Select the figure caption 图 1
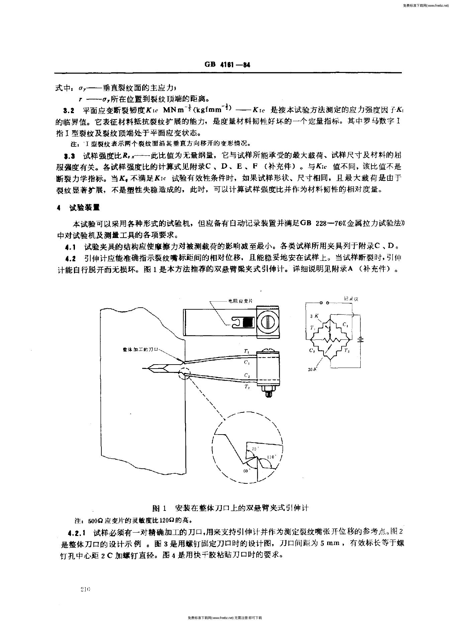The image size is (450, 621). point(159,508)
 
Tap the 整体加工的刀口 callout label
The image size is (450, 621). point(139,349)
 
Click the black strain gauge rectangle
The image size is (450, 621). point(248,321)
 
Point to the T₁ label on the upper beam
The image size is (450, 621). point(246,351)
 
